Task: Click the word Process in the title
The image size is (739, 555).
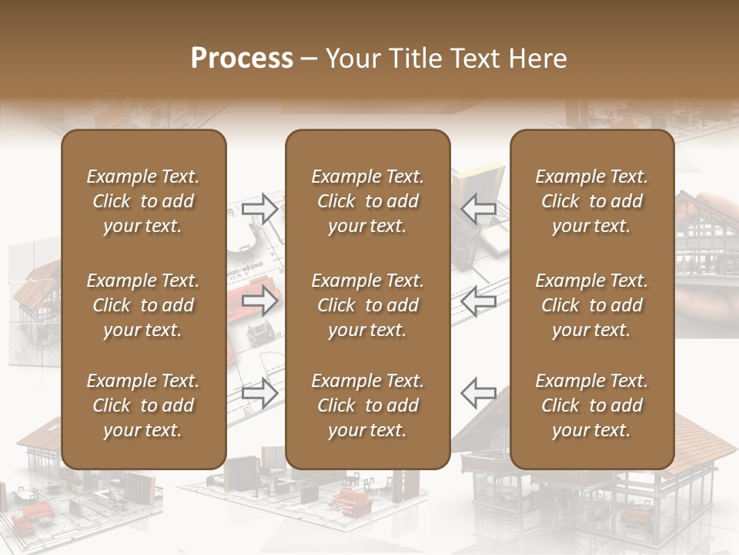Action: coord(242,59)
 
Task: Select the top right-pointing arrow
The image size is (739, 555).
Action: coord(260,209)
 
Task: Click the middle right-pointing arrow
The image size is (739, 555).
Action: coord(260,301)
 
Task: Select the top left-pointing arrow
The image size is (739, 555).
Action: coord(478,209)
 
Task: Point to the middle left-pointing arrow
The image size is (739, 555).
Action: coord(478,301)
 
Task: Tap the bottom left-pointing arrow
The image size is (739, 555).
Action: coord(478,393)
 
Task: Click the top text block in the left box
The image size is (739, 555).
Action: coord(143,201)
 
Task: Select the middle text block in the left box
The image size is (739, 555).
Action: coord(143,305)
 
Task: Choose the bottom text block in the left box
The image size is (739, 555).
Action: coord(143,405)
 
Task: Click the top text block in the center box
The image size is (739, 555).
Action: coord(368,201)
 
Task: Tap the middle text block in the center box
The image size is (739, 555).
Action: coord(368,305)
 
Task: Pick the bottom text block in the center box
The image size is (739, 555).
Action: coord(368,405)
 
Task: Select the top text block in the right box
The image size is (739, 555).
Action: coord(592,201)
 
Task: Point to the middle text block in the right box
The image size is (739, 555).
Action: coord(592,305)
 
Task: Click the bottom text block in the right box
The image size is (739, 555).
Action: coord(592,405)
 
